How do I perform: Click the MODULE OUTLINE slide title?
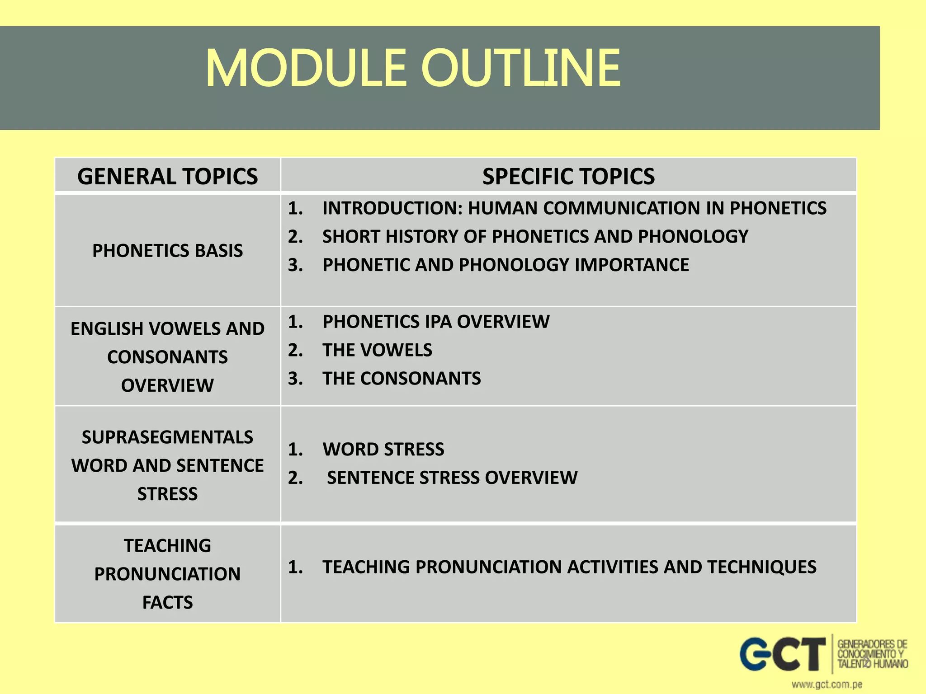[412, 69]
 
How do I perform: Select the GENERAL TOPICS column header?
[167, 176]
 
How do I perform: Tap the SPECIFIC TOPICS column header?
[568, 176]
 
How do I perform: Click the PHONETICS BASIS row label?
[167, 251]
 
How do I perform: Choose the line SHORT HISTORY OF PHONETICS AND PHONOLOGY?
[535, 237]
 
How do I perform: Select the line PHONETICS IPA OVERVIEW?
[435, 322]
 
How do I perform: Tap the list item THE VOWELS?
[377, 350]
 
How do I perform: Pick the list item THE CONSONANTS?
[402, 379]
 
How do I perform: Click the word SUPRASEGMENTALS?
[167, 437]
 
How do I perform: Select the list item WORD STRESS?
[383, 450]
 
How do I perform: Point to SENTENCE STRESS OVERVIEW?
[452, 478]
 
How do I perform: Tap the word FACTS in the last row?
[167, 603]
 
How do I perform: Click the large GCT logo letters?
[782, 654]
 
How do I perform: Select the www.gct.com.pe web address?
[827, 685]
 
